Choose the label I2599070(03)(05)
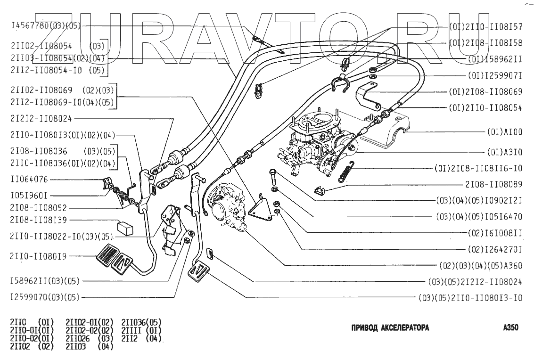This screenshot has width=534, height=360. [x=45, y=297]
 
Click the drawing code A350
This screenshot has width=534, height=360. [x=510, y=328]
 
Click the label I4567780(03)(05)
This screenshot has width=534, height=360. [x=45, y=26]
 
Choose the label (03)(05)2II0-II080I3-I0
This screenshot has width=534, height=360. [x=470, y=298]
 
